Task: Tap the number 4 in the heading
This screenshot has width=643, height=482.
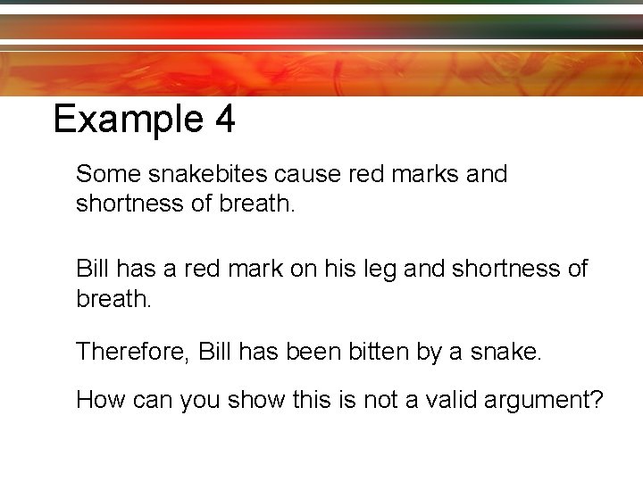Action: click(224, 120)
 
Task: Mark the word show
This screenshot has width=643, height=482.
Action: click(255, 400)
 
